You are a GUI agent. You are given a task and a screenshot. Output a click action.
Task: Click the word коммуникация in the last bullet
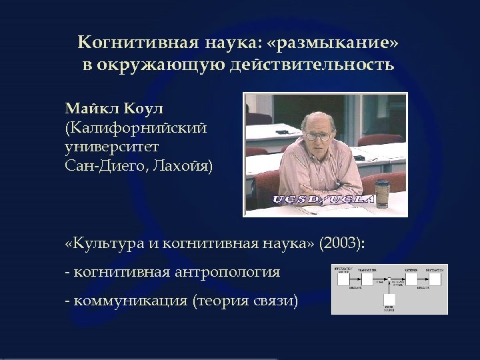129,301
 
